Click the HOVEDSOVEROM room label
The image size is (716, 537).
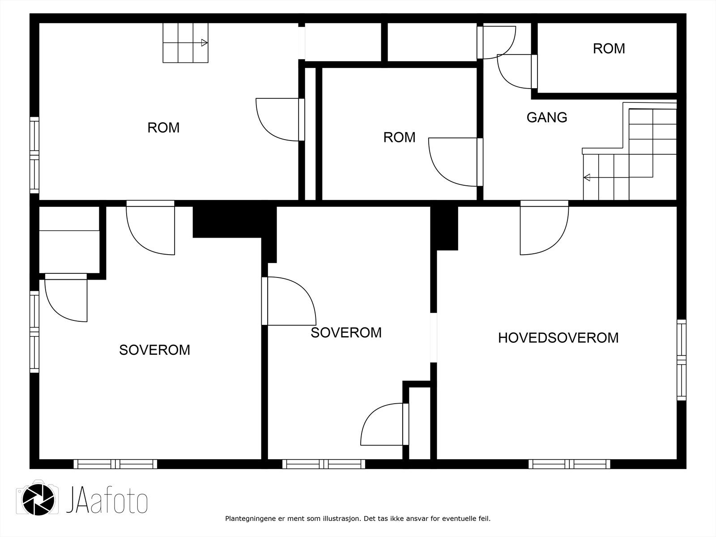click(x=558, y=337)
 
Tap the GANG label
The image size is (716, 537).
click(x=546, y=117)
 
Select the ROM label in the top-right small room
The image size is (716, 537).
click(x=609, y=48)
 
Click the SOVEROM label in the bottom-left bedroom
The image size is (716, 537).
click(x=154, y=349)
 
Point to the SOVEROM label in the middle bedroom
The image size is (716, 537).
click(x=346, y=332)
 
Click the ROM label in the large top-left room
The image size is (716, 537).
click(x=163, y=128)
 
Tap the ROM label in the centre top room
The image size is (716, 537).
click(x=399, y=137)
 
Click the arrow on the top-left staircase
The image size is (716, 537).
click(x=204, y=43)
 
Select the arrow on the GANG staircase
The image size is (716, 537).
click(x=587, y=178)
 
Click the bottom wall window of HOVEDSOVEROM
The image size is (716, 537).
click(x=569, y=464)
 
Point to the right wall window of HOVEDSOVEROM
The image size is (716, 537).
click(x=681, y=360)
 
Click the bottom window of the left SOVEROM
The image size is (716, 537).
click(x=115, y=464)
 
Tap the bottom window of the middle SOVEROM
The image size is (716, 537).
click(x=324, y=464)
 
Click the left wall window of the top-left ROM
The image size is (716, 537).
click(x=34, y=155)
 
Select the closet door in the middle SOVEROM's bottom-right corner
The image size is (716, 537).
click(x=384, y=424)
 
